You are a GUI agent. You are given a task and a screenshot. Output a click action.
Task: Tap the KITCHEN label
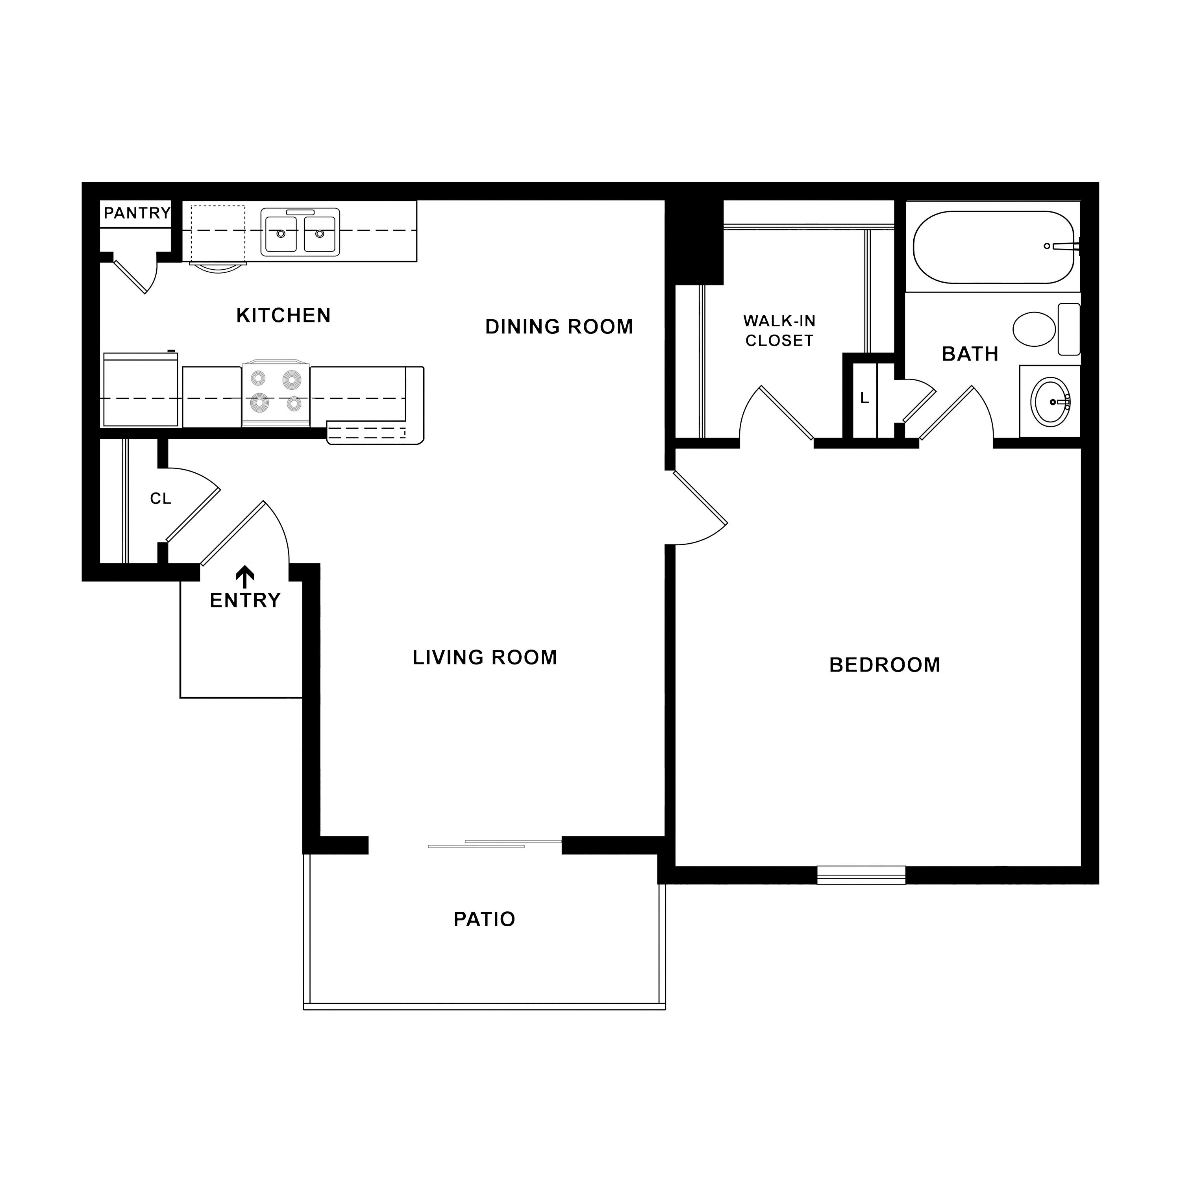(x=283, y=315)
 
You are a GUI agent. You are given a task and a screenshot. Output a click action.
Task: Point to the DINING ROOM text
(x=559, y=327)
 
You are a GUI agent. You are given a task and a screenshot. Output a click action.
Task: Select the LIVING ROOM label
(x=485, y=658)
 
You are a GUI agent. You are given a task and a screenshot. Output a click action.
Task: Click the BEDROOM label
(x=885, y=665)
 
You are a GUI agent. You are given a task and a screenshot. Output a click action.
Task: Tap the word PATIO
(x=484, y=919)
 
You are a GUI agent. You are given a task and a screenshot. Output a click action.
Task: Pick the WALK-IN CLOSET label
(x=779, y=331)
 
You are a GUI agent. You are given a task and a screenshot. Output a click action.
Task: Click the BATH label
(x=970, y=354)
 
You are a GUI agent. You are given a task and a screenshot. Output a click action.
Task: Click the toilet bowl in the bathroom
(x=1034, y=329)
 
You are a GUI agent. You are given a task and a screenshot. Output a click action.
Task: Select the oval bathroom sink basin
(x=1050, y=402)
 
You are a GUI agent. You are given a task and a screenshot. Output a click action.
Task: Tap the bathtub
(x=993, y=247)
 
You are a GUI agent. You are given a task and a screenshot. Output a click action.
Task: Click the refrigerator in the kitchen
(x=141, y=389)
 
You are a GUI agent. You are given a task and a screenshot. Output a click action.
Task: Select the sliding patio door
(x=494, y=844)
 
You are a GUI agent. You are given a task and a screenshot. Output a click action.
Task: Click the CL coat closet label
(x=161, y=499)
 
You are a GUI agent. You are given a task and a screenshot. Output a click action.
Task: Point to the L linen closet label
(x=864, y=398)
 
